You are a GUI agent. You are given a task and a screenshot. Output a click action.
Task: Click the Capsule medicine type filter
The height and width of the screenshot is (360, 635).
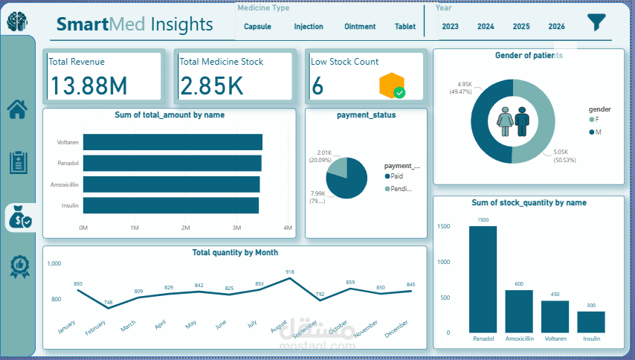point(257,27)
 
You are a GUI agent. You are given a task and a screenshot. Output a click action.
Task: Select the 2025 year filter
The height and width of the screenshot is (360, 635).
point(521,27)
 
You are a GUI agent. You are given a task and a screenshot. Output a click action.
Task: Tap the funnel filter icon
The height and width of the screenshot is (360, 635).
point(596,22)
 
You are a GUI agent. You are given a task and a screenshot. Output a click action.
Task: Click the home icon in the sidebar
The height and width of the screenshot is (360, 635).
point(18,109)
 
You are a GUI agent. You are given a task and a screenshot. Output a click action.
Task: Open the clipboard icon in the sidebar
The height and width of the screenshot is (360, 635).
point(18,162)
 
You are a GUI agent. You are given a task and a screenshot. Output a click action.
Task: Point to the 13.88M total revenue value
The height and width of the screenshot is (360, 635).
point(88,86)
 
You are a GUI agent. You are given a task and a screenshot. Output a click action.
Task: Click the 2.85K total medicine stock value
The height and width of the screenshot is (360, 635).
point(211,86)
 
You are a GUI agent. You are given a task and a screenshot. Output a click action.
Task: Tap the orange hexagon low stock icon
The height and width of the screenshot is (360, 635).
point(391,86)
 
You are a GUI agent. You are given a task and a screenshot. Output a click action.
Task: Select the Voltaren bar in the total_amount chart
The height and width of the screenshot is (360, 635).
point(173,142)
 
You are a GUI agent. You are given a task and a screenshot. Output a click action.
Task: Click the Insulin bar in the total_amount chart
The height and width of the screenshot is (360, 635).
point(171,205)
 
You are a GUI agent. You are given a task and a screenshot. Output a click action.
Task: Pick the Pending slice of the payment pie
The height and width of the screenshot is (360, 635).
point(338,167)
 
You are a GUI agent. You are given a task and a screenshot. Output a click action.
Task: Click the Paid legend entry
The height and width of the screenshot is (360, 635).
point(396,176)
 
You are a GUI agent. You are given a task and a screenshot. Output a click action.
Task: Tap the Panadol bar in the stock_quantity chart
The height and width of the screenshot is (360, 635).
point(483,279)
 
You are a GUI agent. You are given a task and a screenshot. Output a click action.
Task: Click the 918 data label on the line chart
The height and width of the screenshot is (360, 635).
point(289,272)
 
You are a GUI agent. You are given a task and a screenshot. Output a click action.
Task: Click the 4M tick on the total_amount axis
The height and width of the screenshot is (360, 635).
point(288,228)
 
